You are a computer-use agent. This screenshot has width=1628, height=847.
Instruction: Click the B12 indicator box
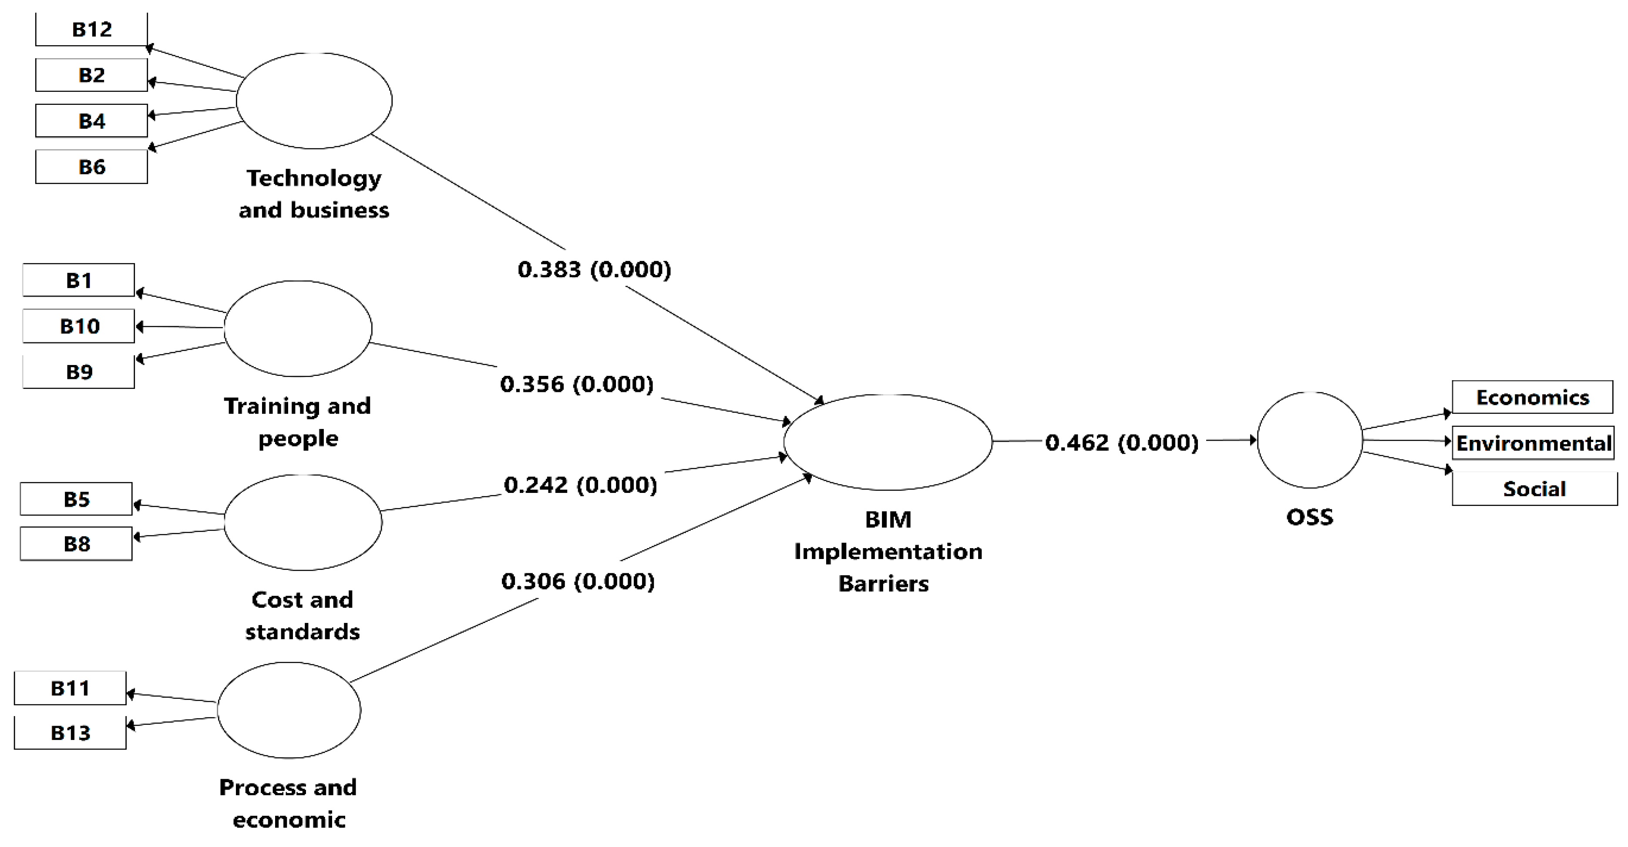[92, 29]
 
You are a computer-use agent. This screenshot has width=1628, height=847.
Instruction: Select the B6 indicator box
[92, 167]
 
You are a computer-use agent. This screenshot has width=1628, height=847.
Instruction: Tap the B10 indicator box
[79, 326]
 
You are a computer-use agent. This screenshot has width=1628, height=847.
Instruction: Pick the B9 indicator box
[79, 372]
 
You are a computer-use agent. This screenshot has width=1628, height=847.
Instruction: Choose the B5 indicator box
[77, 499]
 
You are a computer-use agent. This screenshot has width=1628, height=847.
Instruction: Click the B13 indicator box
[70, 733]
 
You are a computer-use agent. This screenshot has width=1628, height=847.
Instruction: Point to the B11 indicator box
[70, 688]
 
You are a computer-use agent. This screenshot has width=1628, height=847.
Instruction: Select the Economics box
[1532, 397]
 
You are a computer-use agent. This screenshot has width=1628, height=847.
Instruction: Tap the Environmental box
[1533, 443]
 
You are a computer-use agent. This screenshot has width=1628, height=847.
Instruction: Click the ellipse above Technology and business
[314, 101]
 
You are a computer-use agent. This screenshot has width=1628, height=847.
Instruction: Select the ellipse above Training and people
[298, 328]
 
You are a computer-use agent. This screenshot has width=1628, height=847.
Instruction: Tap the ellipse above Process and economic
[289, 710]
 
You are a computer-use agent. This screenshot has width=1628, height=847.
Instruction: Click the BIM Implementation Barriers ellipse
[888, 442]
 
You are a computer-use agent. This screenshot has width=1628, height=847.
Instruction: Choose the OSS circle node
[1309, 440]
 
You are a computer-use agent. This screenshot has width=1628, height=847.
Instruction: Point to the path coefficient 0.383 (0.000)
[594, 270]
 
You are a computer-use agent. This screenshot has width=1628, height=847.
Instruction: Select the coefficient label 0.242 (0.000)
[580, 485]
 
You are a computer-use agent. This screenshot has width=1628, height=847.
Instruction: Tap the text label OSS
[1309, 517]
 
